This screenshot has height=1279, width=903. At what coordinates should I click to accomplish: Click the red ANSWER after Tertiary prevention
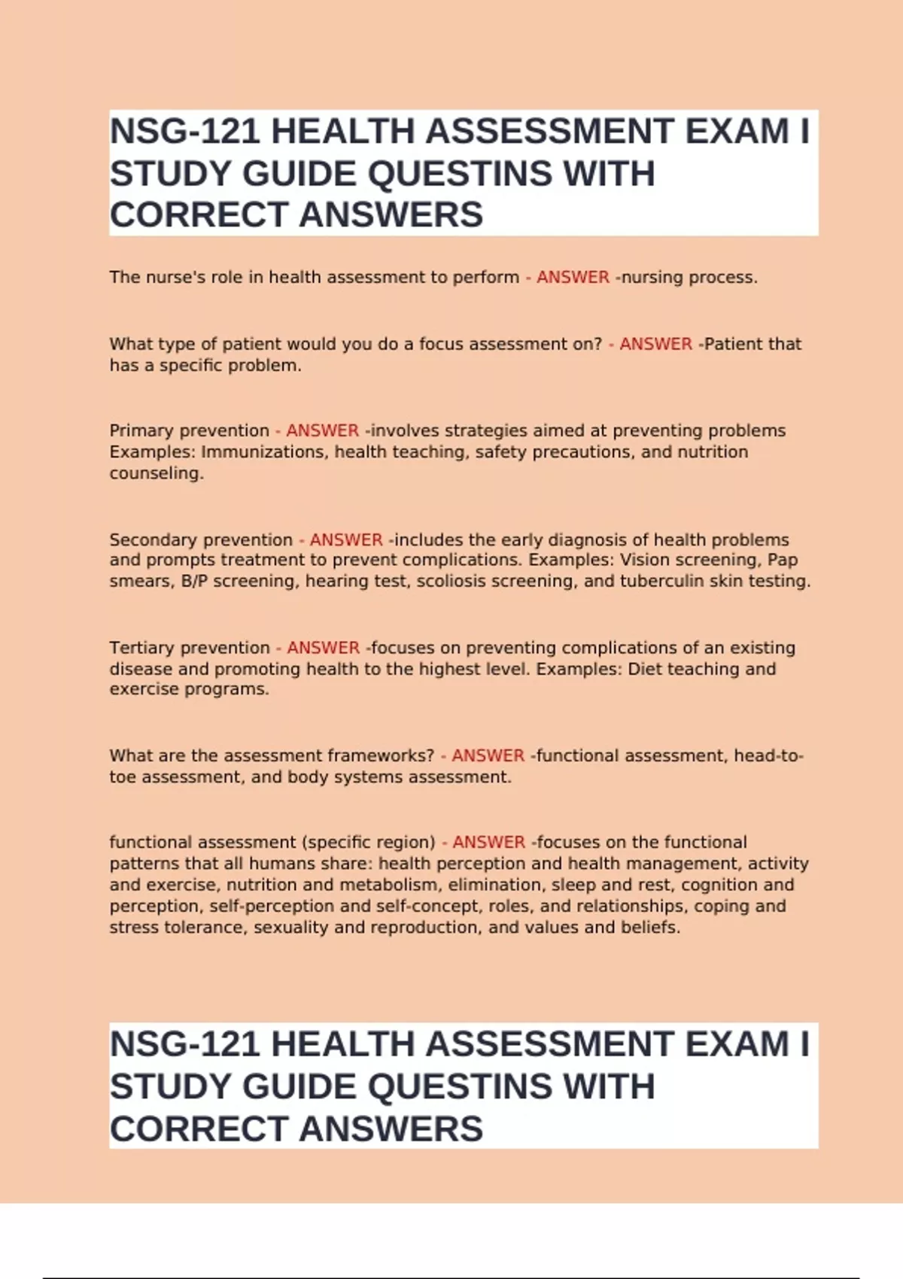pos(323,648)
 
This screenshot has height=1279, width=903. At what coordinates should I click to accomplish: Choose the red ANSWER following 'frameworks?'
pos(488,755)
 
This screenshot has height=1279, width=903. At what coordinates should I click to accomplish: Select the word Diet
pos(645,669)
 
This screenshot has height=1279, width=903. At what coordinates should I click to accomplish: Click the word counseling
pos(156,474)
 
